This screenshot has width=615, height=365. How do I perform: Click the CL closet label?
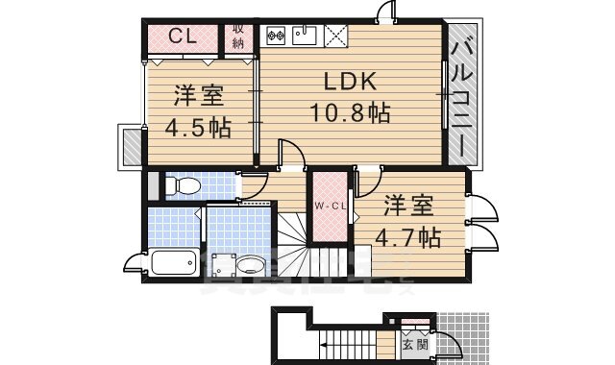pyautogui.click(x=184, y=36)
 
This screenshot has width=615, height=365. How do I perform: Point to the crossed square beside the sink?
pyautogui.click(x=335, y=36)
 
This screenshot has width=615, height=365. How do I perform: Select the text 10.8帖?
pyautogui.click(x=349, y=113)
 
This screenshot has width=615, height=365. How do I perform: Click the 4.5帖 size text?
pyautogui.click(x=198, y=128)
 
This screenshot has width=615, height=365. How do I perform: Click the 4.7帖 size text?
pyautogui.click(x=407, y=236)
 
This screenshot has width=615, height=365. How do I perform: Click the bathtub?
pyautogui.click(x=174, y=262)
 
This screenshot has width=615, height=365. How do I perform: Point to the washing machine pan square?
pyautogui.click(x=223, y=264)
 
